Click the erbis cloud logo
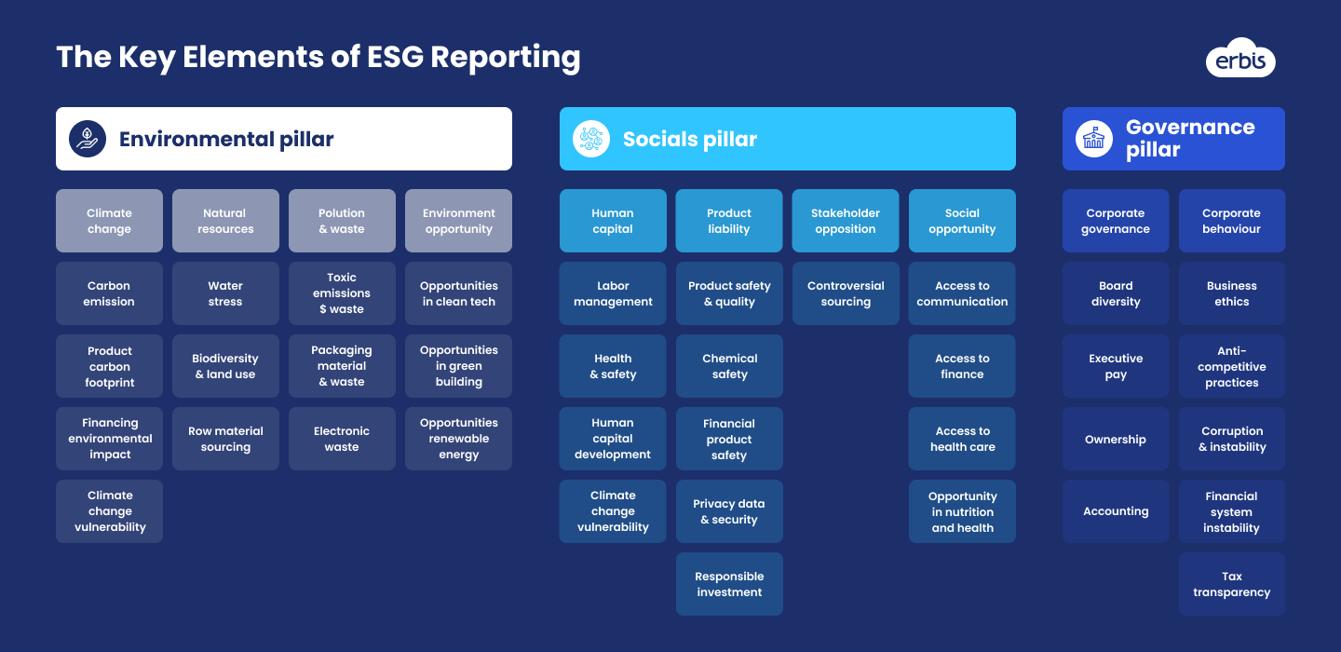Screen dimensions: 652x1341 [x=1239, y=59]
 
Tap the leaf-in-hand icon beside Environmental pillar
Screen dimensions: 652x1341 [x=88, y=139]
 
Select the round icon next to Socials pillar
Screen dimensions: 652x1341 [x=591, y=139]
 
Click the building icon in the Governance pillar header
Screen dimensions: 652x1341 [x=1094, y=139]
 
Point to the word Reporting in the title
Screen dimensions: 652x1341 [x=505, y=58]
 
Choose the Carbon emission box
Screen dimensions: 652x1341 [x=109, y=293]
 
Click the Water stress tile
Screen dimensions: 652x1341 [x=225, y=293]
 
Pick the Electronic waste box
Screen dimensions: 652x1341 [x=342, y=439]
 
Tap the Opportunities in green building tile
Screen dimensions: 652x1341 [x=458, y=366]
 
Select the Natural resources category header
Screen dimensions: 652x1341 [x=225, y=221]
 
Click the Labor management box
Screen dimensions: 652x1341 [x=613, y=293]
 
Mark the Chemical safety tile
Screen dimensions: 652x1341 [x=729, y=366]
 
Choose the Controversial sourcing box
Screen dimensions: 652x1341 [x=846, y=293]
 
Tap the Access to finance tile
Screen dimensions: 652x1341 [x=962, y=366]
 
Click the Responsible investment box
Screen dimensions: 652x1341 [x=729, y=584]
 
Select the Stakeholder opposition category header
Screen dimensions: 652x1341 [x=846, y=221]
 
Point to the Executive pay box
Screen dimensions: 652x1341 [x=1116, y=366]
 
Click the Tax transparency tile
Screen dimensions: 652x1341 [x=1231, y=584]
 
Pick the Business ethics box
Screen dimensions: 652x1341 [x=1231, y=293]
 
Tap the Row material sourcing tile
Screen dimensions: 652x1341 [x=225, y=439]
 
